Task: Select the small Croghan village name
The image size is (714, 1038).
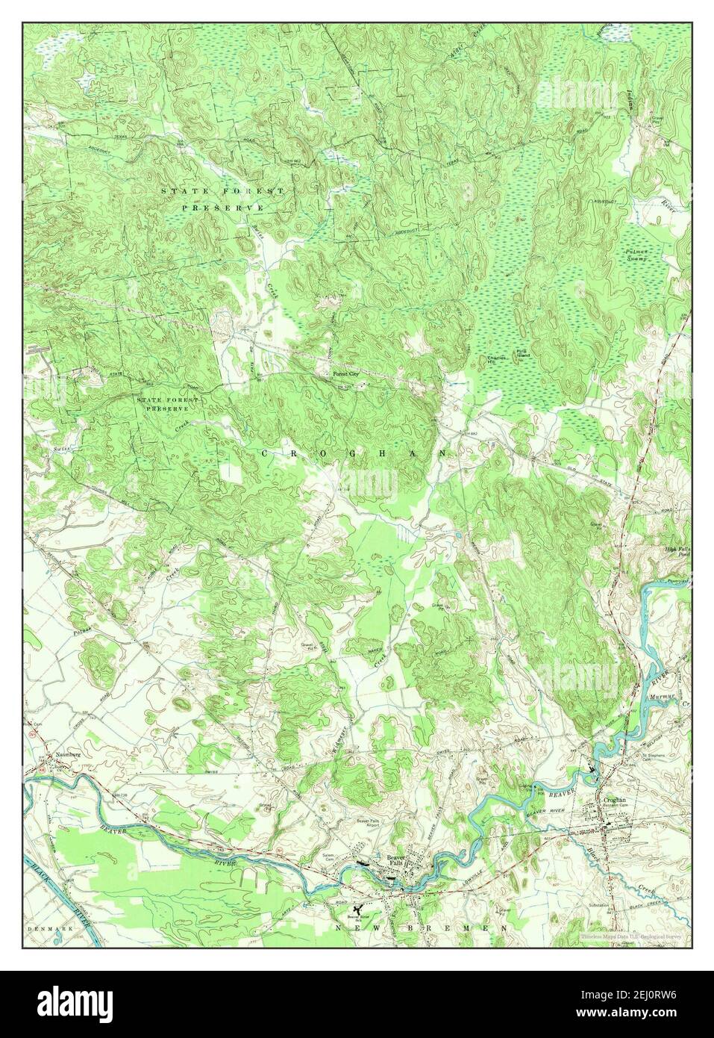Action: (616, 800)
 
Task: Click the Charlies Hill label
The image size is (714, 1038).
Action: (498, 360)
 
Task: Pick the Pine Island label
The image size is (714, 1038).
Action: (522, 355)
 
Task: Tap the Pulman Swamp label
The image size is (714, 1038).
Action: (642, 255)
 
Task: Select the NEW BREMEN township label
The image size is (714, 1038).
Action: (424, 927)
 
